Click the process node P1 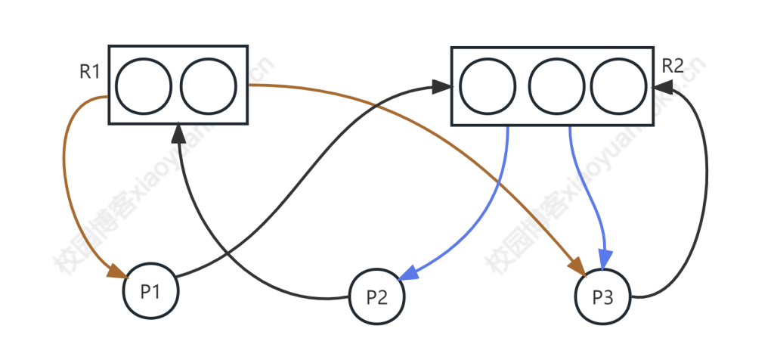click(151, 291)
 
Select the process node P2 click(376, 297)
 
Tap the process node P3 click(602, 297)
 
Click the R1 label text click(90, 72)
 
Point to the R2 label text click(672, 66)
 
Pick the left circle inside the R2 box click(488, 85)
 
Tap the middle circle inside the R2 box click(556, 85)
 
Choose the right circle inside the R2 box click(618, 85)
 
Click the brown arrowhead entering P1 click(117, 271)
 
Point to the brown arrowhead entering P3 click(577, 267)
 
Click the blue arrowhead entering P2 click(408, 272)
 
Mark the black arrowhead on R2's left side click(443, 87)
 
